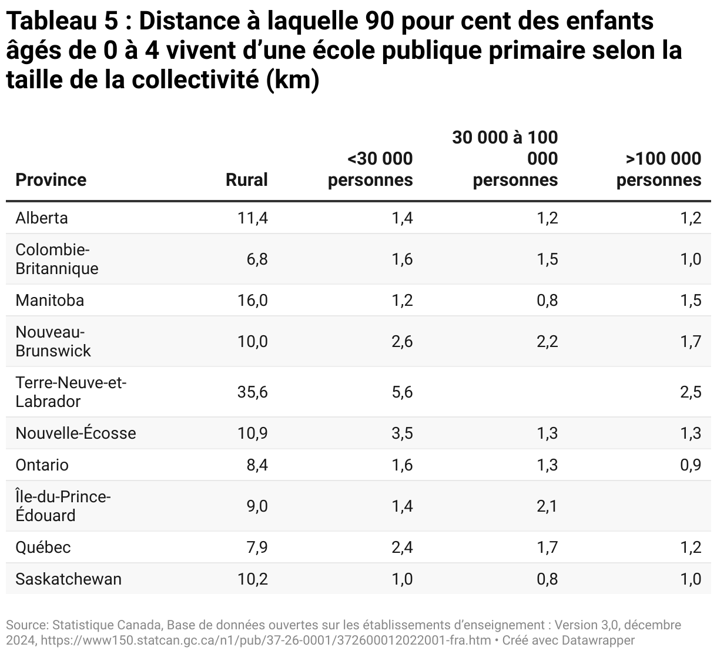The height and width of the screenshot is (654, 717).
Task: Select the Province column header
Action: click(51, 180)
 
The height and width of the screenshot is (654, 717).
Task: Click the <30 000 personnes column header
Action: click(370, 169)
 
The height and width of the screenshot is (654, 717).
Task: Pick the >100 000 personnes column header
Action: click(659, 169)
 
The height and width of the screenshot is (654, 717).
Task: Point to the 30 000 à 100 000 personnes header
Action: click(505, 159)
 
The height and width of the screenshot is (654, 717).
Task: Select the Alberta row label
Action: click(42, 218)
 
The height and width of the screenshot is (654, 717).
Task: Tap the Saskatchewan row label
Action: click(69, 579)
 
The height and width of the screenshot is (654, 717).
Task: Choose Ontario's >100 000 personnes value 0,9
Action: click(691, 465)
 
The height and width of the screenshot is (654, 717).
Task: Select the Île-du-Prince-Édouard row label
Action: click(63, 506)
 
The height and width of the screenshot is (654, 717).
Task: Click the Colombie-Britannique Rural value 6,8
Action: click(256, 259)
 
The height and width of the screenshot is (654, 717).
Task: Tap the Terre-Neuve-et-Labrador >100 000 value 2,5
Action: click(691, 392)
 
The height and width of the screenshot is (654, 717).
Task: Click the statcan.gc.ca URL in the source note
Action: click(264, 640)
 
